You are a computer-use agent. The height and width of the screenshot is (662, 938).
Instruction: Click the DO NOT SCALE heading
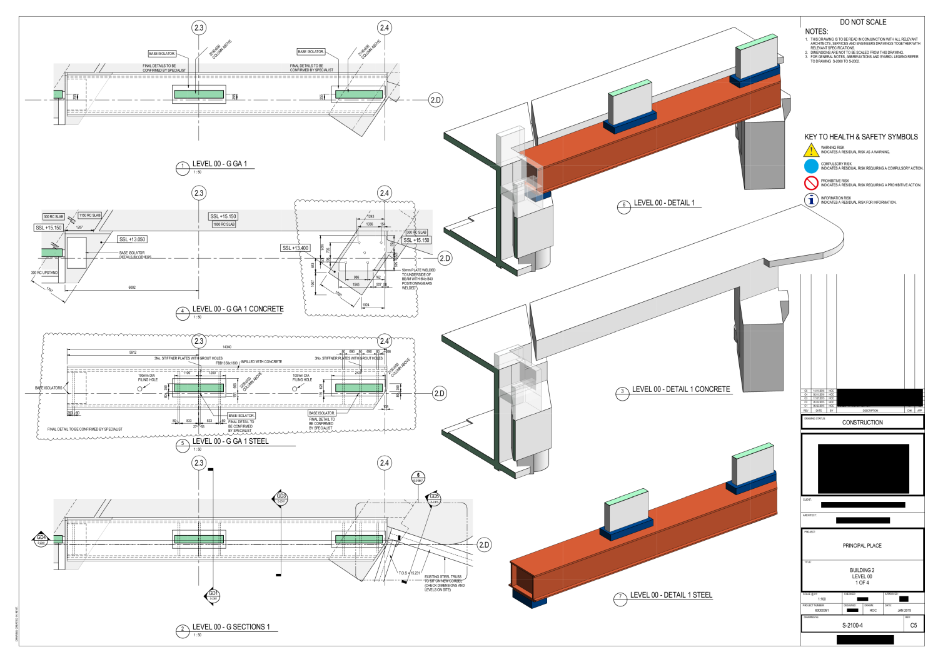(863, 22)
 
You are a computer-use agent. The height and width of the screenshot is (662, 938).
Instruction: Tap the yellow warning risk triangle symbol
(811, 151)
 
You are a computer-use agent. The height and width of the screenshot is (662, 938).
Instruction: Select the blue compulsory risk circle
(811, 166)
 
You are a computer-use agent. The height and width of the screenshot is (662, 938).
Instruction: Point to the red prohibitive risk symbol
(811, 183)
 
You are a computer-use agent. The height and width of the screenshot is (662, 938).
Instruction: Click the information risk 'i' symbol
(811, 200)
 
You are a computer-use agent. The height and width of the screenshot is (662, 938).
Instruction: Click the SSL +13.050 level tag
(132, 239)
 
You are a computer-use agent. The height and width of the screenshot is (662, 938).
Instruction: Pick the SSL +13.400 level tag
(296, 248)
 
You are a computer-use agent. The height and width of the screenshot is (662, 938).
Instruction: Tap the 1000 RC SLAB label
(224, 224)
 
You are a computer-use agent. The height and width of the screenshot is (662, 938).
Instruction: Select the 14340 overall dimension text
(226, 347)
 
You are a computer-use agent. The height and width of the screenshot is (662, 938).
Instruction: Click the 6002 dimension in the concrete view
(132, 288)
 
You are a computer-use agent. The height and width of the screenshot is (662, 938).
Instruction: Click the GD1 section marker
(213, 595)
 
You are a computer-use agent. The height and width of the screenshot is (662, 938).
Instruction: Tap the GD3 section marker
(281, 498)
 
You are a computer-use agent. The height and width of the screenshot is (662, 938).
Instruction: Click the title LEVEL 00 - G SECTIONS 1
(231, 627)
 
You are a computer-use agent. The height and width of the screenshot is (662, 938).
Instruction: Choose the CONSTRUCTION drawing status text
(862, 423)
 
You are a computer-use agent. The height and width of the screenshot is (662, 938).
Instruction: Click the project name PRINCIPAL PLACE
(862, 546)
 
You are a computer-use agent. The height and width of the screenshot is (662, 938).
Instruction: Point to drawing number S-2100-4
(852, 625)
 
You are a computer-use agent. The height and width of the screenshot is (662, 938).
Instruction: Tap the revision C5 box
(914, 625)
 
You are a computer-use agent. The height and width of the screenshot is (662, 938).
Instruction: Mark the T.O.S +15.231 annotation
(410, 573)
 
